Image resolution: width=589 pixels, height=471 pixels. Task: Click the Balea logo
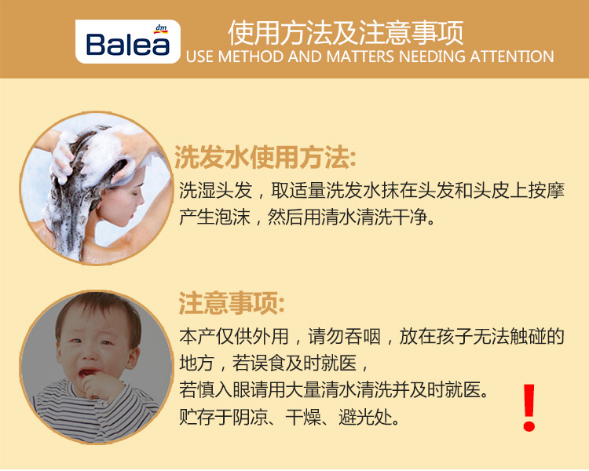[x=128, y=42]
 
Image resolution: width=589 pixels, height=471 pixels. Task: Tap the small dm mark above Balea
[x=161, y=28]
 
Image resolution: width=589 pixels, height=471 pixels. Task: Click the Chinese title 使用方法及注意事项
[x=346, y=33]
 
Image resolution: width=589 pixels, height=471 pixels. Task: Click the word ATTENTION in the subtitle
[x=512, y=57]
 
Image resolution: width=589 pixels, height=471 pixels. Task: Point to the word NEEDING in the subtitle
[x=433, y=57]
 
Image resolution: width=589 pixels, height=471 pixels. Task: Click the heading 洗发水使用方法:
[x=265, y=157]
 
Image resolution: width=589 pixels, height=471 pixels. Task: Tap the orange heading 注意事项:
[x=232, y=303]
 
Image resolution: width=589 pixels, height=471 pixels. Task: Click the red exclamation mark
[x=529, y=407]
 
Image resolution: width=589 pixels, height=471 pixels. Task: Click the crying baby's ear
[x=132, y=356]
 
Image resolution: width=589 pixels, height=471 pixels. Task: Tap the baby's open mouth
[x=88, y=372]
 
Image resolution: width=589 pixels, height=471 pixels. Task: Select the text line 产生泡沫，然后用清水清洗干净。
[x=307, y=217]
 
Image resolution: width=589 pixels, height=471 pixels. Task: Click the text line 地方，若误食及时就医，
[x=274, y=363]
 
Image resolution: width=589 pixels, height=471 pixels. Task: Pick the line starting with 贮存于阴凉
[x=290, y=417]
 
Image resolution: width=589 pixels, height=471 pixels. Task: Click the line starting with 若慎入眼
[x=334, y=390]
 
